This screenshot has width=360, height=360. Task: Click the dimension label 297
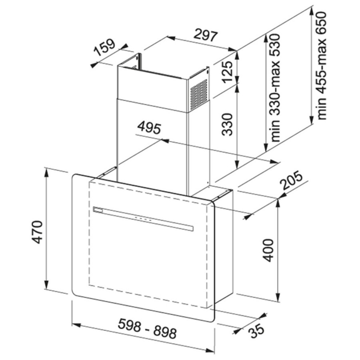[206, 35]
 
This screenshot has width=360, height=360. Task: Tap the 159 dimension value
[105, 48]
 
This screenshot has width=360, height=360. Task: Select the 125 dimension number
[228, 72]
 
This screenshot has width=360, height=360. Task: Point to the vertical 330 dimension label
[228, 124]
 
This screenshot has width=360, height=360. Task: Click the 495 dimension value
[149, 128]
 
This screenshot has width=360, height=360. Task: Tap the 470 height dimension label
[37, 232]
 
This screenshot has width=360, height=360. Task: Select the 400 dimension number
[268, 250]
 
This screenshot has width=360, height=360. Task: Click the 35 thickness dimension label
[257, 331]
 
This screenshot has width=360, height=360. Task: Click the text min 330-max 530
[275, 88]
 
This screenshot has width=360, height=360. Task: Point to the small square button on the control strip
[98, 210]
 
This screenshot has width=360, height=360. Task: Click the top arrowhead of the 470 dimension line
[46, 172]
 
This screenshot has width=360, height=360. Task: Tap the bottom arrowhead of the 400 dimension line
[278, 297]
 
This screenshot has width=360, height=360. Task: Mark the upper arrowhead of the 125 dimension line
[237, 55]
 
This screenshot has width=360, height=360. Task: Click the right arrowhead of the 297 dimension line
[232, 49]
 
